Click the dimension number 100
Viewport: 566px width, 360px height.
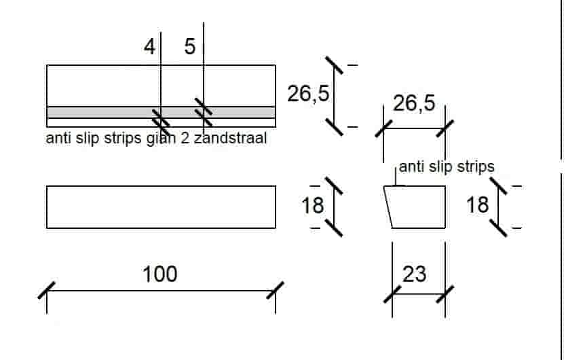tap(160, 274)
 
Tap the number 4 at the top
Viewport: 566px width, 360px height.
tap(149, 47)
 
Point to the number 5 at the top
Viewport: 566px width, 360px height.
tap(189, 47)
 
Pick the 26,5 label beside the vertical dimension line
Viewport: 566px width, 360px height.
tap(307, 94)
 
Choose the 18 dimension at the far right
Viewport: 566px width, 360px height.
tap(478, 204)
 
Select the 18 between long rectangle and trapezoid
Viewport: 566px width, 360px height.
tap(313, 204)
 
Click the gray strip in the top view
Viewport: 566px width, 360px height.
tap(102, 112)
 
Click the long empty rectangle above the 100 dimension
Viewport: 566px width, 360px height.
tap(161, 206)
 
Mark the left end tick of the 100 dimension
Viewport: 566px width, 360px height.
tap(47, 290)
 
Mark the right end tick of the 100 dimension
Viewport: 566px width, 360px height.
tap(275, 290)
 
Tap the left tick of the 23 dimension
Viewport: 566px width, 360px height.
tap(392, 294)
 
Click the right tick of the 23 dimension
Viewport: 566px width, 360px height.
tap(445, 294)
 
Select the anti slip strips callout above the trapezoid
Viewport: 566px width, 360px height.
tap(447, 166)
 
